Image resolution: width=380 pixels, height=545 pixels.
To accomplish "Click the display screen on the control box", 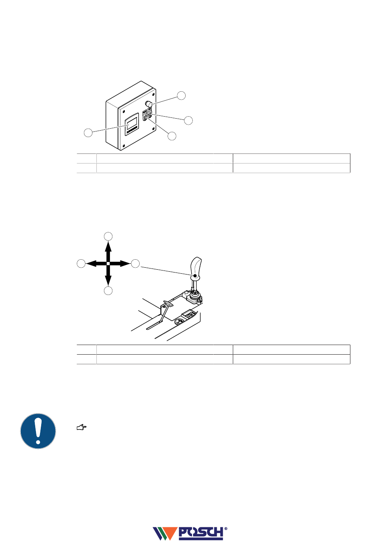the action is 132,123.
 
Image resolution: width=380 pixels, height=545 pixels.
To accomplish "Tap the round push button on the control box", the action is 149,104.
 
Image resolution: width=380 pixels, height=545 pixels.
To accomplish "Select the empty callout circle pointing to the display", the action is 88,133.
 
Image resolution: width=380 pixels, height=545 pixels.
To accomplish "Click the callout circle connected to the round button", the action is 181,96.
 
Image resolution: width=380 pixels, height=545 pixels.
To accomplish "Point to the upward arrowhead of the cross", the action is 108,246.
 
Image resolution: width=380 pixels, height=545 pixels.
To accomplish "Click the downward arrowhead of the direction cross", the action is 108,280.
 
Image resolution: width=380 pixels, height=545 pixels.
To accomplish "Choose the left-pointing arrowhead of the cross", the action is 92,264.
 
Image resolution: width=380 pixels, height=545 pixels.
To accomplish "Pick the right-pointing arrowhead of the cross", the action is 125,264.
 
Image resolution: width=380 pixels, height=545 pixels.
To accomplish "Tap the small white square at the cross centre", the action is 108,264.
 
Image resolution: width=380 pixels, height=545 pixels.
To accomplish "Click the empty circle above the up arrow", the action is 108,236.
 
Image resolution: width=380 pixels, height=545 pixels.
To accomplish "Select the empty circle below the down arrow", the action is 108,291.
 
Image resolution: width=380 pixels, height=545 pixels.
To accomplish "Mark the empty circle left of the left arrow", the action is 81,264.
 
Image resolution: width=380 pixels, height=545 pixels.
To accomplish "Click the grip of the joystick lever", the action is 196,267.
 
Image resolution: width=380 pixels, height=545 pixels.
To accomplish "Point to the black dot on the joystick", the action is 195,275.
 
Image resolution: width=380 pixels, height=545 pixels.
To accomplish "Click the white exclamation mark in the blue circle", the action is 38,431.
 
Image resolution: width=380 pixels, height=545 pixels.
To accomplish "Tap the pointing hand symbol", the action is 82,428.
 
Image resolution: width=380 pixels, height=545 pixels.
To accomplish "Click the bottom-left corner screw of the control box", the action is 124,146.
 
